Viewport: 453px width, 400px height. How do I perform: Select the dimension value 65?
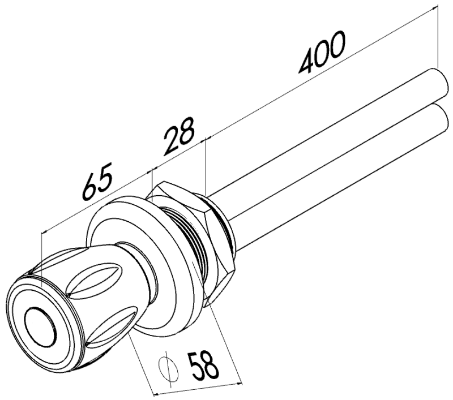tap(97, 183)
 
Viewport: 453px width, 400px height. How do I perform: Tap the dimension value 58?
tap(203, 364)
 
